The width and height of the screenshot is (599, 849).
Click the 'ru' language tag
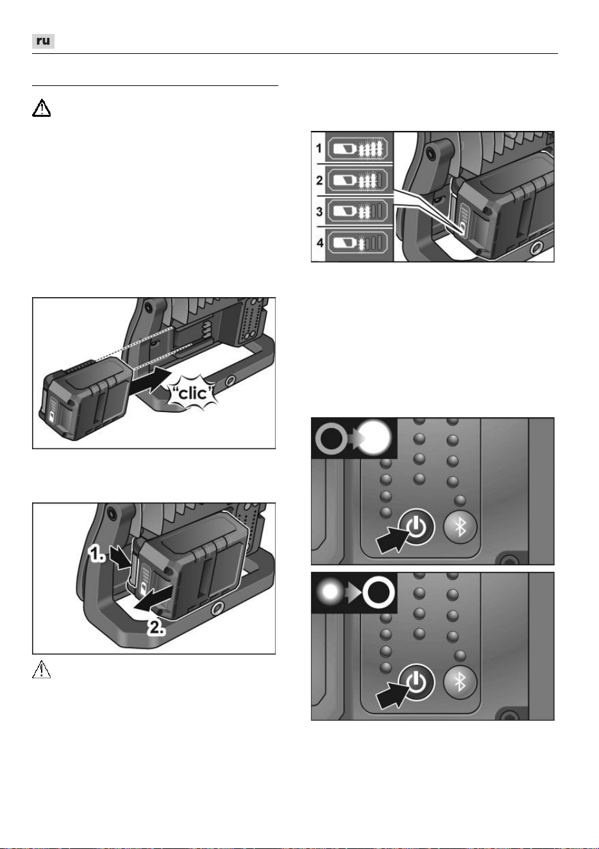point(43,41)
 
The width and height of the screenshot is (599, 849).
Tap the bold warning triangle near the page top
point(41,108)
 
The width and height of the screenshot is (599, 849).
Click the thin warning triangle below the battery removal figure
point(41,669)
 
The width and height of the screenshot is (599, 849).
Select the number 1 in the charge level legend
point(319,148)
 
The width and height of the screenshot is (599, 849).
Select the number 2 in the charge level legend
point(319,180)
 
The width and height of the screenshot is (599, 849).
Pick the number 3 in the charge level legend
point(319,211)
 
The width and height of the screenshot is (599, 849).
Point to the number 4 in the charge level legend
point(320,243)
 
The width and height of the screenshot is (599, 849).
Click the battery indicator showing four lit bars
point(358,148)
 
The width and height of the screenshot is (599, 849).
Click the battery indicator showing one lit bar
point(358,243)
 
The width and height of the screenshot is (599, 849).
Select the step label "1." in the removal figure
point(96,554)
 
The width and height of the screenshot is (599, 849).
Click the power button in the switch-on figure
point(416,527)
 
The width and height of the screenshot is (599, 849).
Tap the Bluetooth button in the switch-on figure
point(460,527)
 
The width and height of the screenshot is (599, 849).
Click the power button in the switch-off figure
point(416,682)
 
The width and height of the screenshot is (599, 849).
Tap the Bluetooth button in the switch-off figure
point(460,682)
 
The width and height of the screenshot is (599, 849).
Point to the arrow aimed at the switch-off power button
point(392,694)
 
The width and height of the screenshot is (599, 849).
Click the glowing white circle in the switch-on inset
point(375,438)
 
